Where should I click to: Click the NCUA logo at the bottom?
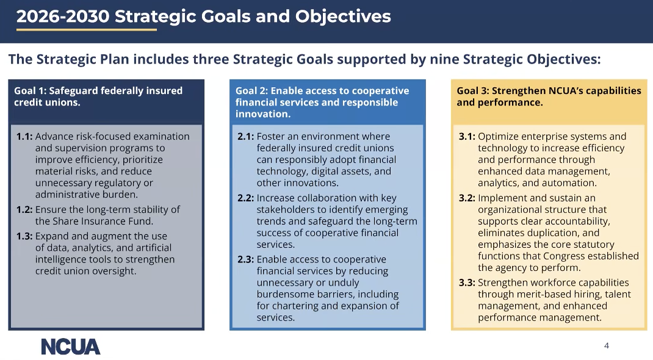tap(71, 347)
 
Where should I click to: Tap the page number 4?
tap(607, 345)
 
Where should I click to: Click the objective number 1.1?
tap(24, 137)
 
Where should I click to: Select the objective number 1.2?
tap(24, 210)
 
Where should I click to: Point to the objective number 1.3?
tap(24, 236)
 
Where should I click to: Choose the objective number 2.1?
tap(246, 137)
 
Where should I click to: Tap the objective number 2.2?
tap(246, 198)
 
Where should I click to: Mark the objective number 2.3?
tap(246, 260)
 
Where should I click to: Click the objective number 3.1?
tap(467, 137)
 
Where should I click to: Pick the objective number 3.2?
tap(467, 198)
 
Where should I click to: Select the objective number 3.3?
tap(467, 283)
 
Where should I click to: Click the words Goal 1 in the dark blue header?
tap(30, 91)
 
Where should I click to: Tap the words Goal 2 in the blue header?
tap(251, 91)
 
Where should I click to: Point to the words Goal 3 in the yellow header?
tap(473, 91)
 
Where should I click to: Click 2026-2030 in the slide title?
tap(63, 16)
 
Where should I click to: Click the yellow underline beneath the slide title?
tap(87, 30)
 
